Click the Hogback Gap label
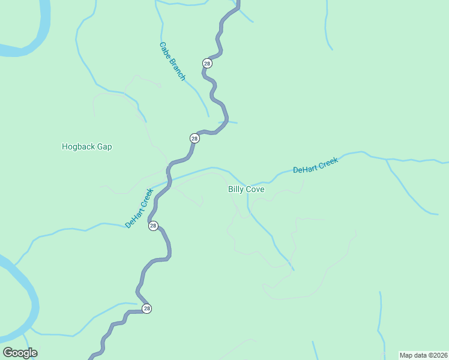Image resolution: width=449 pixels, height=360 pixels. [87, 146]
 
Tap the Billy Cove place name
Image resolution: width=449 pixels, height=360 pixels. [246, 189]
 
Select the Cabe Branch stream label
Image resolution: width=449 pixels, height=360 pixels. [172, 61]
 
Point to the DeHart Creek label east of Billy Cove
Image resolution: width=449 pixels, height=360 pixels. [316, 165]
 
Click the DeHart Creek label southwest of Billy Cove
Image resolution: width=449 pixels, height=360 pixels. [139, 208]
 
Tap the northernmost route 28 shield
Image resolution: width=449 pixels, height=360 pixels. [207, 63]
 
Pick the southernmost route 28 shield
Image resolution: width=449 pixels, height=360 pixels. [146, 308]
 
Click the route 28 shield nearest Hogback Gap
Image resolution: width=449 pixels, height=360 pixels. [194, 138]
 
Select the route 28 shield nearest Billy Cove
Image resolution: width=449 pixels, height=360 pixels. [194, 138]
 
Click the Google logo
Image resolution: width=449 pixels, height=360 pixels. [20, 352]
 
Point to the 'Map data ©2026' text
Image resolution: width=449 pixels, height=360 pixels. [423, 355]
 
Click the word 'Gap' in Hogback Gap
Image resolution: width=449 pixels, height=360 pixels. [104, 146]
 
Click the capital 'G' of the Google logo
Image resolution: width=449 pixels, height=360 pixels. [8, 352]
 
